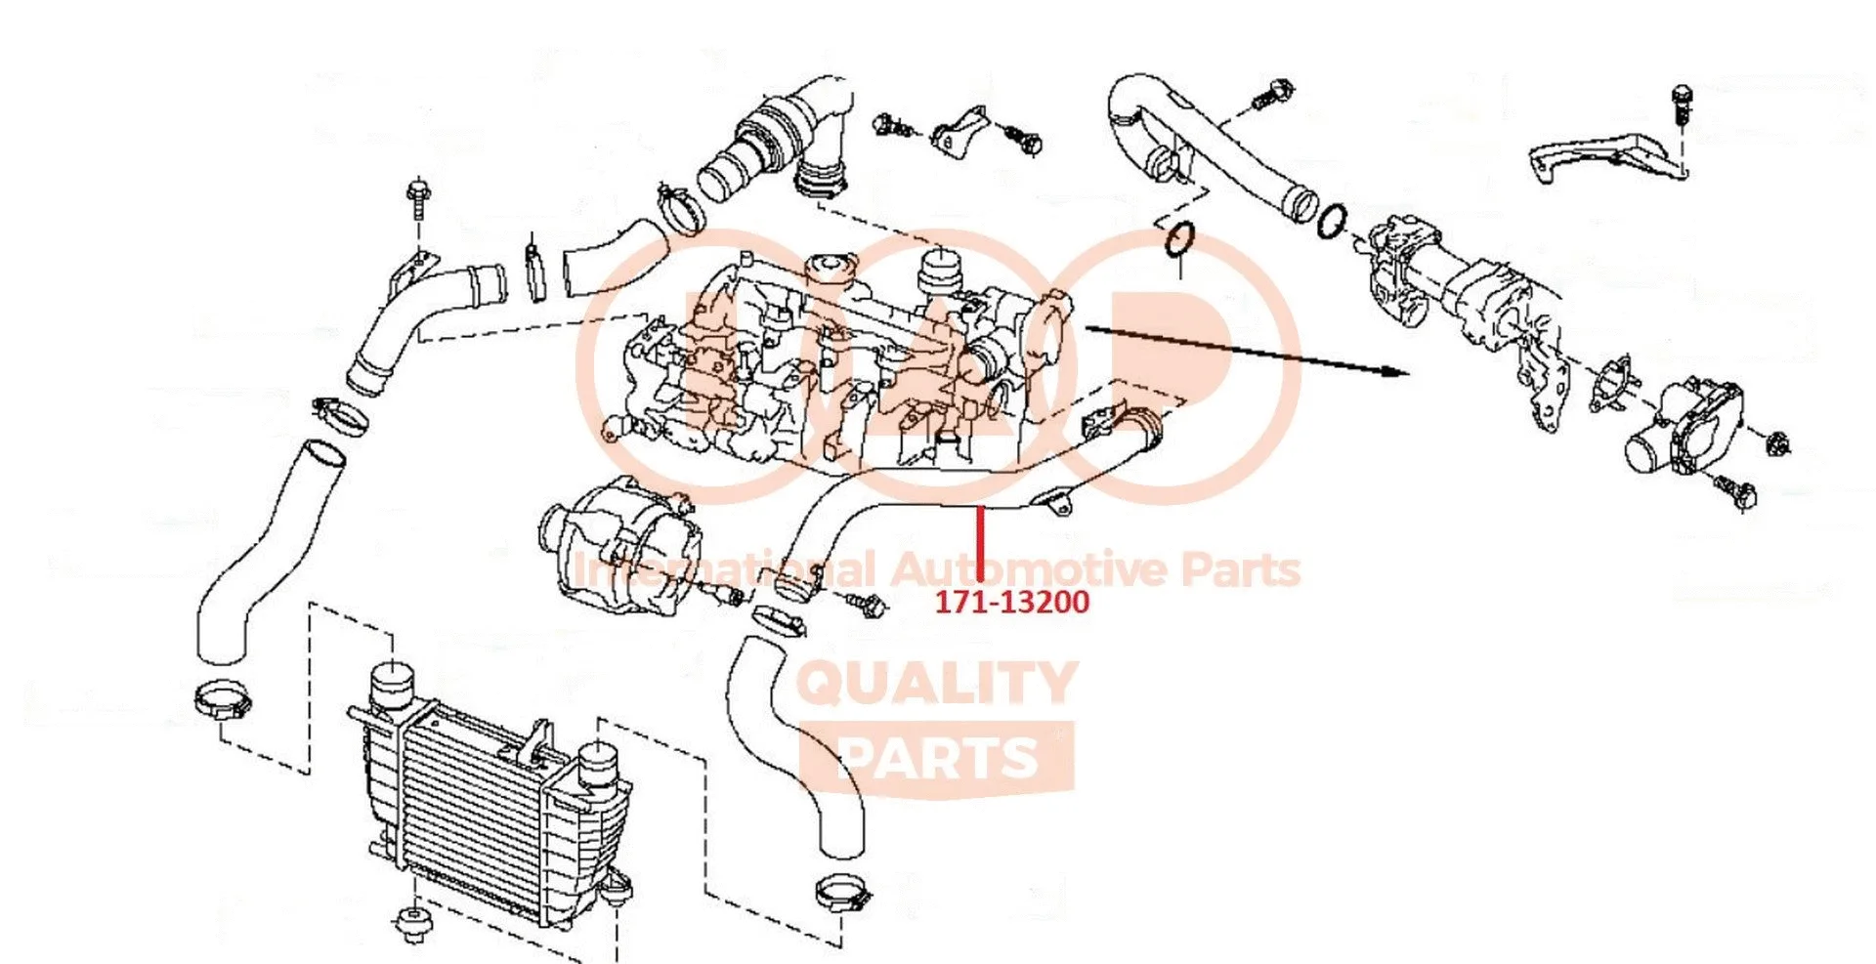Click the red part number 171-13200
[1011, 602]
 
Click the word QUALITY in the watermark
[936, 683]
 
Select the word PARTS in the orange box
[936, 758]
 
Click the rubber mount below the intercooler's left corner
[410, 923]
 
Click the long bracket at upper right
[1602, 156]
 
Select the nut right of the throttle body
[1778, 442]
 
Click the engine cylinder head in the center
[840, 361]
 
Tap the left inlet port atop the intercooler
[391, 684]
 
